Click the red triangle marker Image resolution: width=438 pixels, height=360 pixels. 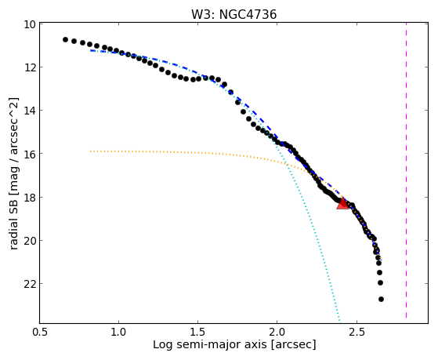342,203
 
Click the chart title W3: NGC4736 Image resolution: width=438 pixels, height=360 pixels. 233,14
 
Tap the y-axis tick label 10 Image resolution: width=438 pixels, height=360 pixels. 30,24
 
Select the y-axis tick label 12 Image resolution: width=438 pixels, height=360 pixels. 30,67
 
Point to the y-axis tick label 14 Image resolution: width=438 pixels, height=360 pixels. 30,111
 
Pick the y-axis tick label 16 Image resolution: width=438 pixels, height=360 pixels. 30,154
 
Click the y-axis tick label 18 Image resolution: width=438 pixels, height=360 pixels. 30,197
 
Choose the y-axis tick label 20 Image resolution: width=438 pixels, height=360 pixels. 30,240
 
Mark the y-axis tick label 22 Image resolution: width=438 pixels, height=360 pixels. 30,283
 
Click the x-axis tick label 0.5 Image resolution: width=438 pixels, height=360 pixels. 40,332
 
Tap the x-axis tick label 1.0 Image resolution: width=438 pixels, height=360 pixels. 119,332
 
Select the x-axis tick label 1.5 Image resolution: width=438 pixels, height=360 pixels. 197,332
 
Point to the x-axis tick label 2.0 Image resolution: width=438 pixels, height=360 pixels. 277,332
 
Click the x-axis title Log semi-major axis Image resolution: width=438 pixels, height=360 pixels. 210,345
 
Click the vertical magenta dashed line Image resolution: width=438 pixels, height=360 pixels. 406,170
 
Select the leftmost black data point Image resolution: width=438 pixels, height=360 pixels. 65,39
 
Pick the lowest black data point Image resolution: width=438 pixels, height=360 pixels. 381,300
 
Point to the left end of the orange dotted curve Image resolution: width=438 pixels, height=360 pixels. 91,151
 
